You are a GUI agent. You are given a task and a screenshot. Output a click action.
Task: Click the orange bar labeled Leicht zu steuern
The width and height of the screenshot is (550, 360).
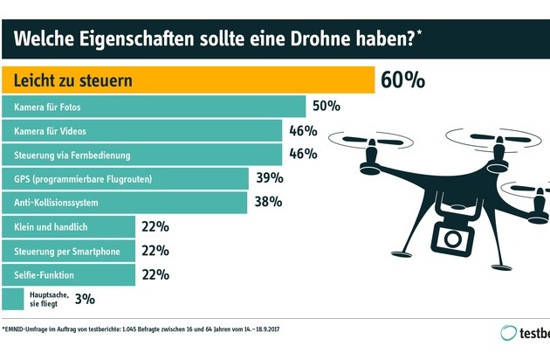[189, 81]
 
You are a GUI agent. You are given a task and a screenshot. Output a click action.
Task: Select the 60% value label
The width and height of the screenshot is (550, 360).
[403, 81]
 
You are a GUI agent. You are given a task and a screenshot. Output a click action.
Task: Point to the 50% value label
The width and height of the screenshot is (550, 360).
[327, 107]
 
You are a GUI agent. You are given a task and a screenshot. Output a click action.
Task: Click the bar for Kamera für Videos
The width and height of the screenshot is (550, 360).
[144, 131]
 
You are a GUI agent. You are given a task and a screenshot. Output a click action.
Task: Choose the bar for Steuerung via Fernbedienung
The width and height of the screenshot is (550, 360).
[144, 155]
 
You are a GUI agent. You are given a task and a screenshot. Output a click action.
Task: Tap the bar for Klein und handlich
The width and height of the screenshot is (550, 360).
[70, 226]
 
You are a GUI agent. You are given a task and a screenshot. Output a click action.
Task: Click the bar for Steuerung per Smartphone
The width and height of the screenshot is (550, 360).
[70, 251]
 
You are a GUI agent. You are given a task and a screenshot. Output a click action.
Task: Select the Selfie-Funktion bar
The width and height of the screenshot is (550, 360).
[70, 274]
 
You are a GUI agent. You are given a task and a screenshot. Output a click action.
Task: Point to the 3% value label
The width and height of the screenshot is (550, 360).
[84, 299]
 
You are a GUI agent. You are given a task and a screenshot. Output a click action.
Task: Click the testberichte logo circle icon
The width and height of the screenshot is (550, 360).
[507, 333]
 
